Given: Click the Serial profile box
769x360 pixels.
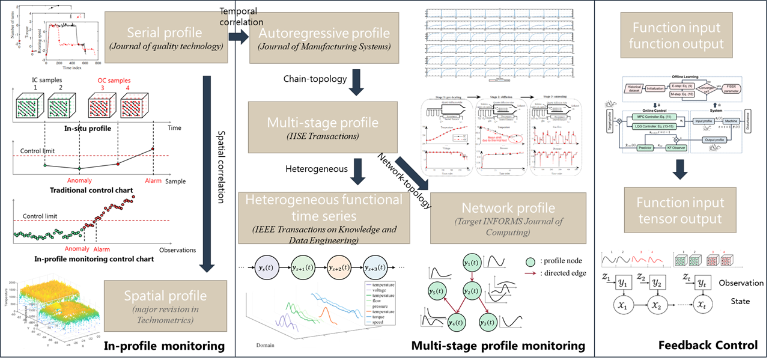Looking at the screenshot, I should tap(166, 37).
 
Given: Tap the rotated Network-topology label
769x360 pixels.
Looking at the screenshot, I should tap(404, 180).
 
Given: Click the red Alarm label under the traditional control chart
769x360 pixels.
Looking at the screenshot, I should tap(153, 180).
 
